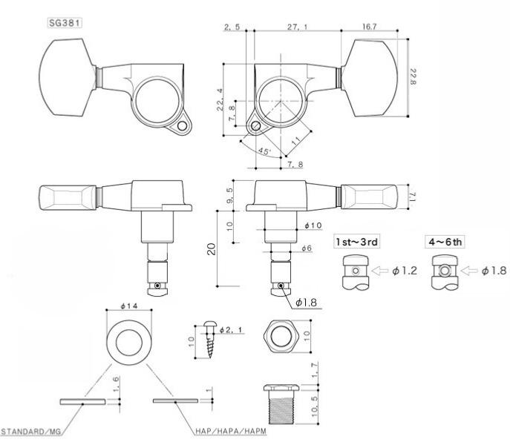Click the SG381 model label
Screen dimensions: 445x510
pos(65,23)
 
